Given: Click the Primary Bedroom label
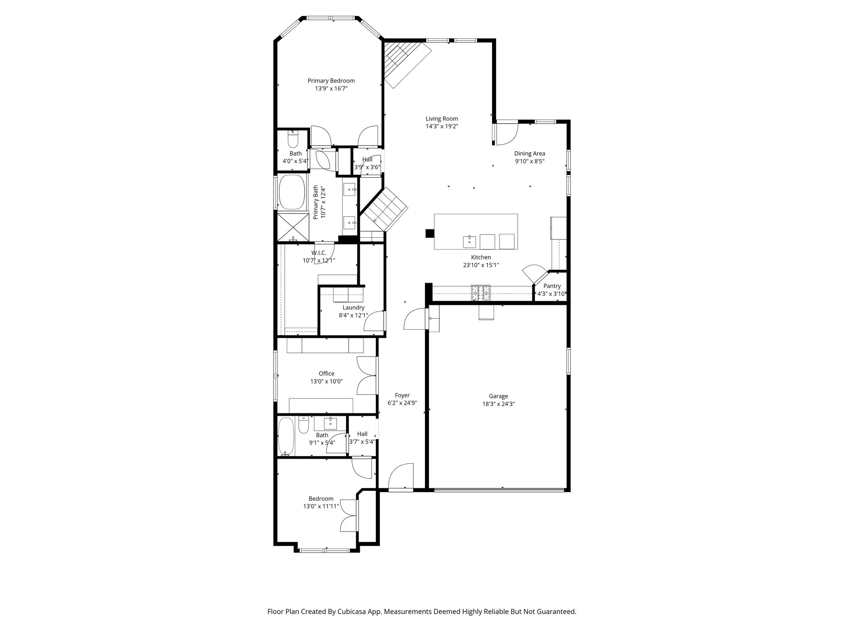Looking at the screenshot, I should click(331, 81).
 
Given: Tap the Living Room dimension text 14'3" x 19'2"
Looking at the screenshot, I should click(442, 127).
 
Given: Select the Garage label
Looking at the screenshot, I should click(498, 396).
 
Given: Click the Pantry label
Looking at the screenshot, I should click(552, 286).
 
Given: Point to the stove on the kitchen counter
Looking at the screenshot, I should click(481, 293).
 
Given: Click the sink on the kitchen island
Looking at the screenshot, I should click(469, 241).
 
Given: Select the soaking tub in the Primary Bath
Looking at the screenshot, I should click(291, 192).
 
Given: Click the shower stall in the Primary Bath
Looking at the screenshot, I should click(293, 227).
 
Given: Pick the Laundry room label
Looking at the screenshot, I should click(353, 307).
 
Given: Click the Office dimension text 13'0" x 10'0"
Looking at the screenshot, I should click(326, 382).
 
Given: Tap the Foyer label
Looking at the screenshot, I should click(402, 395).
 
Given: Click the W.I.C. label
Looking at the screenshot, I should click(319, 253).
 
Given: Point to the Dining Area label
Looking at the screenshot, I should click(530, 154).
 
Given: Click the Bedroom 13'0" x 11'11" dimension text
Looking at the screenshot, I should click(321, 506).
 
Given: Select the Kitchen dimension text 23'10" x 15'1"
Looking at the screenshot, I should click(481, 265).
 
